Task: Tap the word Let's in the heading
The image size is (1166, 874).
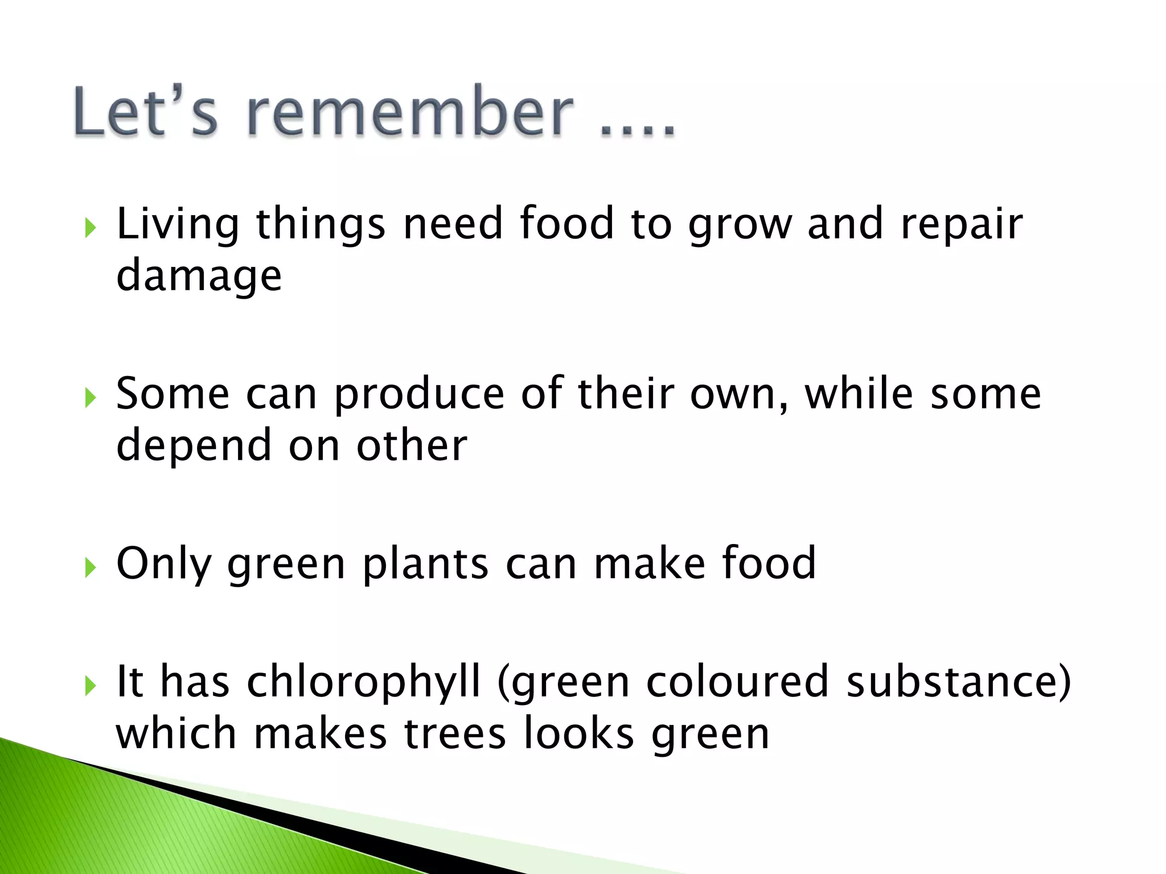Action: click(x=146, y=112)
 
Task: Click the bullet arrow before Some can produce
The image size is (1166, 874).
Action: click(x=90, y=398)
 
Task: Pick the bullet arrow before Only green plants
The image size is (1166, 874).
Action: click(x=90, y=567)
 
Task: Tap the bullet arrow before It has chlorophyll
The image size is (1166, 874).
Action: click(x=90, y=686)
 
